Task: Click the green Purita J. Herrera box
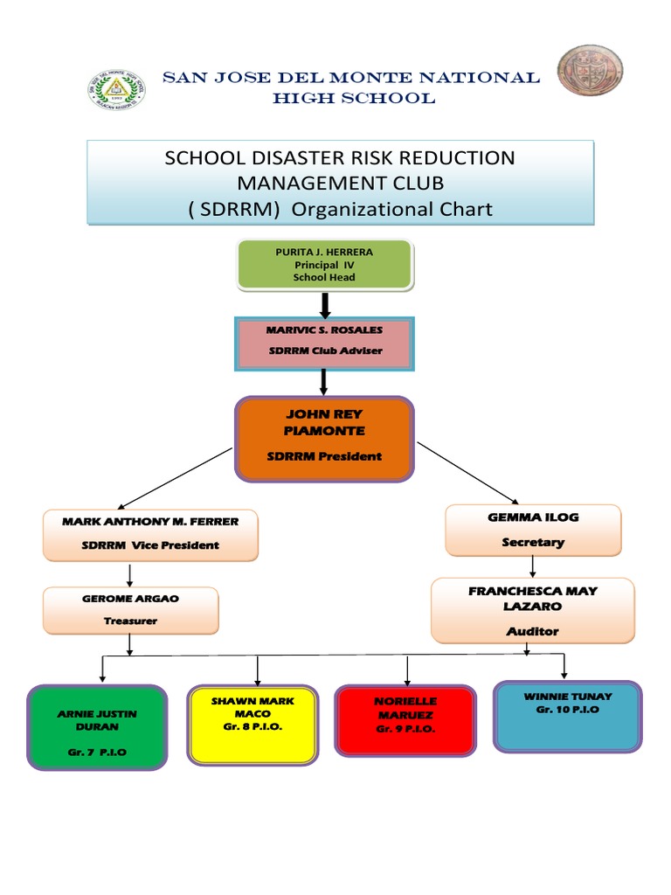324,265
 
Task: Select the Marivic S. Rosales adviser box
324,343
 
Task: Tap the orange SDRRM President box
324,438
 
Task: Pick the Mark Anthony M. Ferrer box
150,534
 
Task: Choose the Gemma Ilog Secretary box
533,530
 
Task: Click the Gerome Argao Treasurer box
130,610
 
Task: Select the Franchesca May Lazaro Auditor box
533,610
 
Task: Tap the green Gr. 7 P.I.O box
96,727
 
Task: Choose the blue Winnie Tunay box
568,716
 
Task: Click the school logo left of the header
117,88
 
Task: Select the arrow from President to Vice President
175,477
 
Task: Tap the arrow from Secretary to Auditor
533,566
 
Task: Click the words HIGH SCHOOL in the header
353,99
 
